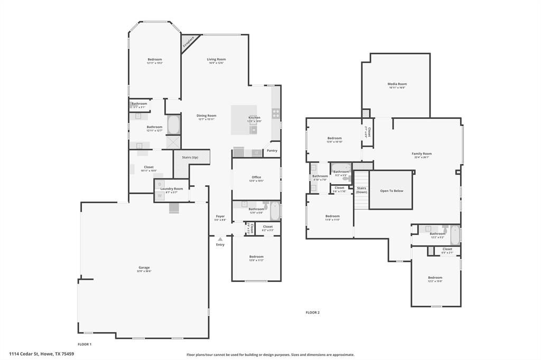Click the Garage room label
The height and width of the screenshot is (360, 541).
pos(144,268)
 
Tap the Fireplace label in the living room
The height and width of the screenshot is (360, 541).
pos(188,42)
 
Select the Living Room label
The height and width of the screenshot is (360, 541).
pos(216,60)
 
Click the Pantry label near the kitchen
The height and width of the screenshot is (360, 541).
pos(272,150)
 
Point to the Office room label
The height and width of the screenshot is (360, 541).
pos(256,177)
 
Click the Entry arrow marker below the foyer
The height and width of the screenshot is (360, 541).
pos(220,240)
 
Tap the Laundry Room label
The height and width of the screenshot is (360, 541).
pos(172,189)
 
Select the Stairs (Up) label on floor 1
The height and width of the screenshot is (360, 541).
pos(190,157)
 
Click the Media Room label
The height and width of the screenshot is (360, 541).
pos(397,84)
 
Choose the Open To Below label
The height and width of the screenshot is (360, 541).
pos(391,191)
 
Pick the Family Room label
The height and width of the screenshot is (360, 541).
pos(422,154)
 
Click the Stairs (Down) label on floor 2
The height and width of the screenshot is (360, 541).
pos(361,190)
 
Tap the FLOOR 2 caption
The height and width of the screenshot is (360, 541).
pos(313,312)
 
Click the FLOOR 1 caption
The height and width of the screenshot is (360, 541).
pos(85,344)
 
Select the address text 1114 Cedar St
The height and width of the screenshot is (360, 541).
pos(41,354)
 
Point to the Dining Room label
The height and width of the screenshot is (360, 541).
pos(207,116)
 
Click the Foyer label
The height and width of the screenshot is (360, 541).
pos(220,216)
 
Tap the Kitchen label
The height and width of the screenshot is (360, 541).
pos(255,118)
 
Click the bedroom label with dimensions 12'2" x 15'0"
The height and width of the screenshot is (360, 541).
pos(435,278)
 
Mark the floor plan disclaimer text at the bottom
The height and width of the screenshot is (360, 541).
pos(270,355)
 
